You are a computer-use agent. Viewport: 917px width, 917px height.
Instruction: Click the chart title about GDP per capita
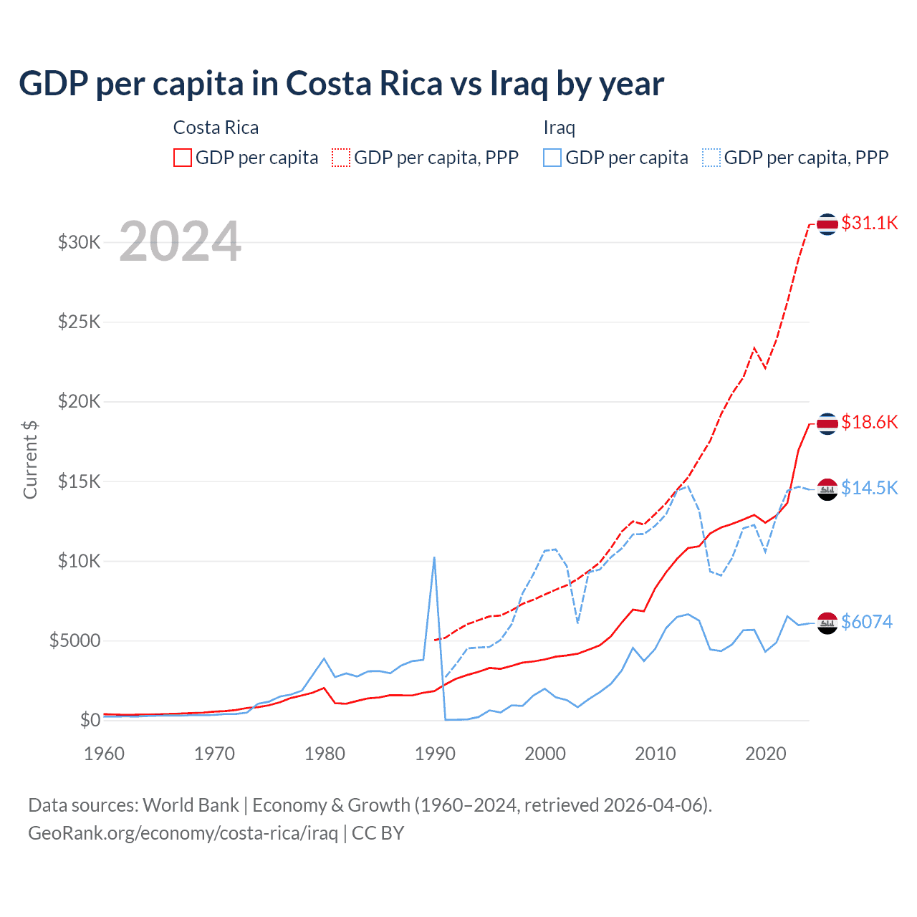(341, 84)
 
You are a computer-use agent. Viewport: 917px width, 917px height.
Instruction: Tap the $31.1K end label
(869, 223)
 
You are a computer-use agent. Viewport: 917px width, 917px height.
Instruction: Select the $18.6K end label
(869, 422)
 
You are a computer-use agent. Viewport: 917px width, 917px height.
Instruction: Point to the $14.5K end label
(869, 488)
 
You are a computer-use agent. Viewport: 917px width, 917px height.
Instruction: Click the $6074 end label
(866, 622)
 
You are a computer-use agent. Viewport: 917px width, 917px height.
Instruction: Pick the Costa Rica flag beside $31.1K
(827, 224)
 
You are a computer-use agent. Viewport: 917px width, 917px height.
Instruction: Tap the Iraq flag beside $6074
(827, 623)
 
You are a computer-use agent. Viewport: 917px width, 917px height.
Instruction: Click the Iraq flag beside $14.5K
(827, 489)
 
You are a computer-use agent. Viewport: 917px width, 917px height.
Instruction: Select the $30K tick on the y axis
(80, 242)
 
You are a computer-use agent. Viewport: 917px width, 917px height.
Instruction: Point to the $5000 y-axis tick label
(75, 640)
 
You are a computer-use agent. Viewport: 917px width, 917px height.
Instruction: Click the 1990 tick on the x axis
(435, 754)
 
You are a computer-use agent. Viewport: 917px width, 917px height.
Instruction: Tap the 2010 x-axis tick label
(656, 754)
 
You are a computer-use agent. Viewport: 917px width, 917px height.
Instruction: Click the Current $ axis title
(30, 460)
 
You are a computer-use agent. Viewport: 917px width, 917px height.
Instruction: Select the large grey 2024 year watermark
(180, 241)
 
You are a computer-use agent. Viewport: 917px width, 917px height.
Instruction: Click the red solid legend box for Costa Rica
(183, 158)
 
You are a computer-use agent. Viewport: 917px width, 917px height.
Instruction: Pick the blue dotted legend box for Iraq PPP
(711, 158)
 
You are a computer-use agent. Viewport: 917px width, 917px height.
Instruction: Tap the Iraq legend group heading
(560, 128)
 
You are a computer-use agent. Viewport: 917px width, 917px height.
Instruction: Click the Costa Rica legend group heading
(216, 128)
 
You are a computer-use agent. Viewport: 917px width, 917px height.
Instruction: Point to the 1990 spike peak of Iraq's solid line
(434, 557)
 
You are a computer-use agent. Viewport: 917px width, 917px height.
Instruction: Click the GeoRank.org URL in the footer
(183, 833)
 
